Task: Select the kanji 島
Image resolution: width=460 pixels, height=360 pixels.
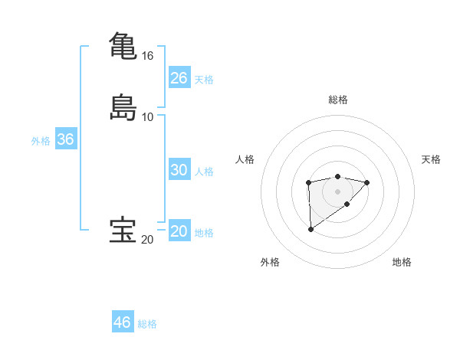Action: tap(123, 107)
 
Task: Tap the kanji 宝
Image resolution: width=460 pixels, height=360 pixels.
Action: tap(123, 231)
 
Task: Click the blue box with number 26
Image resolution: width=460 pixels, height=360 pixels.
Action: tap(179, 78)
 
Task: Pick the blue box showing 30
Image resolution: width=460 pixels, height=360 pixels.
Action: tap(179, 171)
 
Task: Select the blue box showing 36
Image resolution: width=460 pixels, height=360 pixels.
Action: tap(66, 140)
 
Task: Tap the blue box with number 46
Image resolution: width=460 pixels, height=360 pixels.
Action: tap(123, 322)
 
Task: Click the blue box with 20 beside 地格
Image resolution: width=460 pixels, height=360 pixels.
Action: tap(179, 232)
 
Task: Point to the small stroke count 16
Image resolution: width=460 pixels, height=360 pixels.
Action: tap(147, 56)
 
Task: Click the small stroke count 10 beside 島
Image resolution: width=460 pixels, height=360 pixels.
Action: tap(147, 117)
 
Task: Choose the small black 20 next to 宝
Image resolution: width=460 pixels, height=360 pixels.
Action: tap(147, 240)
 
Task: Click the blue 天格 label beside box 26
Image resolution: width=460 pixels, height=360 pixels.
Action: tap(204, 80)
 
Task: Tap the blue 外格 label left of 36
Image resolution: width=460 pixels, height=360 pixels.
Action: tap(41, 141)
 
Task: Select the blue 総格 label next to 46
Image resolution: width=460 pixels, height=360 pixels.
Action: tap(147, 324)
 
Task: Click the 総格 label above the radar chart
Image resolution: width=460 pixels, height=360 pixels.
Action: tap(338, 100)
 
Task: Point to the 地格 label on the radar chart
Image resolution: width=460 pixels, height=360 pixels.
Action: tap(402, 262)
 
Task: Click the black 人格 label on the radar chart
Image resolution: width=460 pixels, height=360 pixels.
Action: tap(245, 159)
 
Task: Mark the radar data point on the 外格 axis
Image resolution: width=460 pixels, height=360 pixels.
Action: tap(310, 229)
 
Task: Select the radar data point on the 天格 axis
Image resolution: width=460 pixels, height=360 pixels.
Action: tap(367, 182)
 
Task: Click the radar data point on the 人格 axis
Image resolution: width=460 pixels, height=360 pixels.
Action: tap(308, 182)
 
